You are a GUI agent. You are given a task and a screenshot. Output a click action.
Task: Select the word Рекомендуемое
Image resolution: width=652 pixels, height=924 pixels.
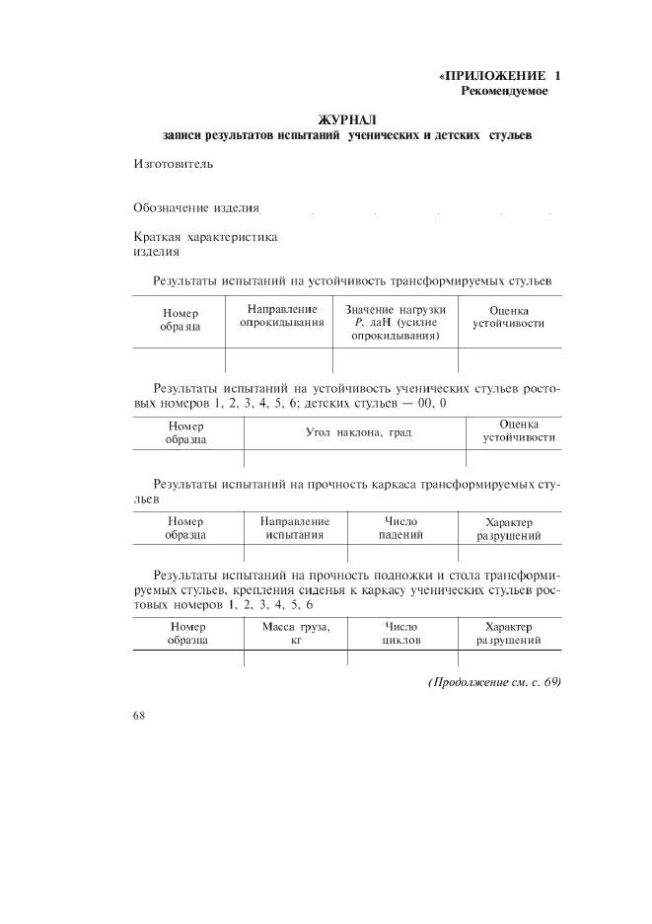(504, 92)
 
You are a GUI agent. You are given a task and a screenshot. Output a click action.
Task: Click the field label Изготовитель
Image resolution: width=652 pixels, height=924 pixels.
(173, 163)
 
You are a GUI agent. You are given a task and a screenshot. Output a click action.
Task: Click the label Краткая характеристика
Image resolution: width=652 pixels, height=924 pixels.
(205, 237)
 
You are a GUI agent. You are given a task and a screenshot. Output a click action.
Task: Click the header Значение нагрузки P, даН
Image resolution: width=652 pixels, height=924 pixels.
(396, 323)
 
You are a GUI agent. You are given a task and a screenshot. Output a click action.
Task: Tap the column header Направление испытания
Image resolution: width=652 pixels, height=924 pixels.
(295, 528)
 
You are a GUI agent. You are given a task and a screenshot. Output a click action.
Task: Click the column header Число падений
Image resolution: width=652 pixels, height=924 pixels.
(401, 528)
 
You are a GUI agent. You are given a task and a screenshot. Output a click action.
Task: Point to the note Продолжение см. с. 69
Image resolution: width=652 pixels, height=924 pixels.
(494, 683)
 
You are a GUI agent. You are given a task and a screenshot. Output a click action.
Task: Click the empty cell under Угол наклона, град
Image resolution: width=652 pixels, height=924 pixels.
(354, 459)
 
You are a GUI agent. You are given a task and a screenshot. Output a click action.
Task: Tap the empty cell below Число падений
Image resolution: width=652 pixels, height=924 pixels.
(401, 554)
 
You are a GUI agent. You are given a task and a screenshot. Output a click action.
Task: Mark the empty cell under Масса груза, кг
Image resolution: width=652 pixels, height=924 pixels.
(295, 659)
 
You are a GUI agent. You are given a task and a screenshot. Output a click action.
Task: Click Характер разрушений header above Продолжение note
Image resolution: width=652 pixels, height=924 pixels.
(509, 634)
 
